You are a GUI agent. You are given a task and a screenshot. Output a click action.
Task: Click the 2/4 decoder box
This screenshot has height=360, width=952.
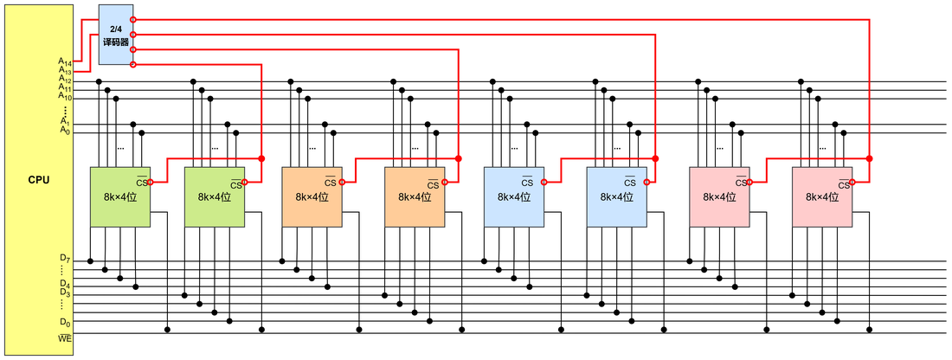116,35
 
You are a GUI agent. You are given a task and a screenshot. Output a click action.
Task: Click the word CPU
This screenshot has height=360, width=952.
39,180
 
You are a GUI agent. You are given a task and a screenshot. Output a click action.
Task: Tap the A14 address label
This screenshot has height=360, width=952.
65,61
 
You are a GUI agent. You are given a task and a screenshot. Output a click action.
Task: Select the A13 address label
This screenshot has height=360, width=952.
65,70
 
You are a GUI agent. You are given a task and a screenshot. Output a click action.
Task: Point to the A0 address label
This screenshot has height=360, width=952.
65,129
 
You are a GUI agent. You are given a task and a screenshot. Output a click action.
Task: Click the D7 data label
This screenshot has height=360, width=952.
65,260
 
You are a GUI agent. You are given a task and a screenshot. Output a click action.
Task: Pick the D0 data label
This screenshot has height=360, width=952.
65,321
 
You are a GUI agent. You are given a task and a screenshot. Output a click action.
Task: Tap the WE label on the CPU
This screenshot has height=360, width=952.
65,337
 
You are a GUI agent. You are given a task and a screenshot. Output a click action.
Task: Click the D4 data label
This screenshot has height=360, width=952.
65,284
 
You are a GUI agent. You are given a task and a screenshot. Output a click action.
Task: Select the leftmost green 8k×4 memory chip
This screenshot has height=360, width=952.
120,196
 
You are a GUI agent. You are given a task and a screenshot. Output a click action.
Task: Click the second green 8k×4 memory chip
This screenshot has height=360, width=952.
215,196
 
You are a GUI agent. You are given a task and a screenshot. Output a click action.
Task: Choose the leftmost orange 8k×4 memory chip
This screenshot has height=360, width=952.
312,196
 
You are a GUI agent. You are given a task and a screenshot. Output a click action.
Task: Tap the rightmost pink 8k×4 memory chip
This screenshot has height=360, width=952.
822,196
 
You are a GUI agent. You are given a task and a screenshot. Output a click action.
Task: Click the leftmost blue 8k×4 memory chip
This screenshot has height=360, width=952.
513,196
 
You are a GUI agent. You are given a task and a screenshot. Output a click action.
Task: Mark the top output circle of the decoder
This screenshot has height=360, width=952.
133,19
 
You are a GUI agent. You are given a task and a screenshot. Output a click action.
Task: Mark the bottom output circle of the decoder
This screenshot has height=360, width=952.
133,64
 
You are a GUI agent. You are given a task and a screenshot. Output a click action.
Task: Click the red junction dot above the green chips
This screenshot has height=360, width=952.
261,158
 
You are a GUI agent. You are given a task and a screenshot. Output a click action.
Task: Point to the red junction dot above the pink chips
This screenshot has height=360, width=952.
870,158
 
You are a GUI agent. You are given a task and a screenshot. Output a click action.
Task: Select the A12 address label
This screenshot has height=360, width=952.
65,80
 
